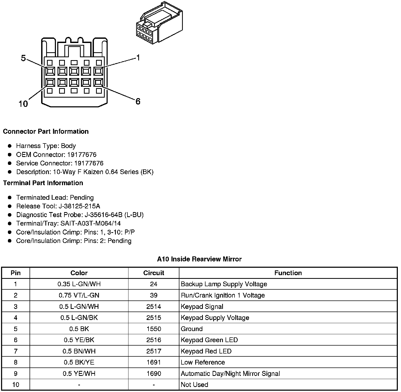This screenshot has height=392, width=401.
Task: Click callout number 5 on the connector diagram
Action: pyautogui.click(x=23, y=58)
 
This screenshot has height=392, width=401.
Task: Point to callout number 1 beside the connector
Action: pyautogui.click(x=138, y=58)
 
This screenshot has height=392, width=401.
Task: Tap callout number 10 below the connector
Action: pyautogui.click(x=23, y=104)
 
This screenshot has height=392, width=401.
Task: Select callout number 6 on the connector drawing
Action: pyautogui.click(x=138, y=101)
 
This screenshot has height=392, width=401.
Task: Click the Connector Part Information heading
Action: pyautogui.click(x=46, y=131)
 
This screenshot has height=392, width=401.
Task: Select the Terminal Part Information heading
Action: pyautogui.click(x=43, y=183)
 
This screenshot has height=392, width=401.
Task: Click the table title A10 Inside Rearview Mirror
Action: pyautogui.click(x=199, y=259)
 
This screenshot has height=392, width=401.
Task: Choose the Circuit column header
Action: pyautogui.click(x=154, y=273)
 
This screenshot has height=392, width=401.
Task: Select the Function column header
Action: pyautogui.click(x=288, y=273)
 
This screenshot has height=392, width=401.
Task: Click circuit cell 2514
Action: pyautogui.click(x=154, y=307)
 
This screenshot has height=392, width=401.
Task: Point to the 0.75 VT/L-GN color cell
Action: pyautogui.click(x=79, y=295)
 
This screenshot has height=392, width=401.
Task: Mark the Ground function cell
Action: pyautogui.click(x=192, y=329)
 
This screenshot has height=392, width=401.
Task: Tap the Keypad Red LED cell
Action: pyautogui.click(x=206, y=351)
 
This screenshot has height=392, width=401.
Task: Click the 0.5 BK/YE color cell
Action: pyautogui.click(x=79, y=362)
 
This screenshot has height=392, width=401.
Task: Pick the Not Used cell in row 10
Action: pyautogui.click(x=194, y=385)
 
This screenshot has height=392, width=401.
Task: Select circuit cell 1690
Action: pyautogui.click(x=154, y=374)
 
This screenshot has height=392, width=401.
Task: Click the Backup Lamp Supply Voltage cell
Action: pyautogui.click(x=224, y=284)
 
